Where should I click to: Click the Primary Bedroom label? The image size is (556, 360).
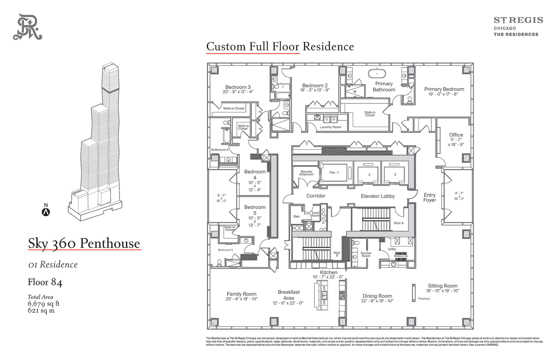(444, 89)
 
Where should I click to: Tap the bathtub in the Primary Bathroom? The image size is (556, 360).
(377, 74)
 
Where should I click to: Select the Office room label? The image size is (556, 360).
(456, 135)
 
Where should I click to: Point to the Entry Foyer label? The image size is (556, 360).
(430, 197)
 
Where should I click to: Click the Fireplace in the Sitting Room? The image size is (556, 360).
(414, 293)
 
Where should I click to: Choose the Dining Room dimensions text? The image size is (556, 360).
(377, 301)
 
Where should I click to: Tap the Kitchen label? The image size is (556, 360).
(328, 272)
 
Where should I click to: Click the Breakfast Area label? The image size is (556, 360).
(288, 295)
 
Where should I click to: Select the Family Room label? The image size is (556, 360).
(241, 294)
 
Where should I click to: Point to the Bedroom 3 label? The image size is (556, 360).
(238, 87)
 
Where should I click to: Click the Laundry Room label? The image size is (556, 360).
(330, 127)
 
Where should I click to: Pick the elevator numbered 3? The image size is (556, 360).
(395, 174)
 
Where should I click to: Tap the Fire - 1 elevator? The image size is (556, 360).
(334, 173)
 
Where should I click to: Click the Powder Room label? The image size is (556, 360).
(366, 255)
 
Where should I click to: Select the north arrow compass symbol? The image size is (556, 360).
(46, 212)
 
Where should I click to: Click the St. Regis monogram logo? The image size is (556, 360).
(28, 27)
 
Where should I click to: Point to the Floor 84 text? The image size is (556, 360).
(45, 282)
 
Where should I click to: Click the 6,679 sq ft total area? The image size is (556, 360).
(43, 304)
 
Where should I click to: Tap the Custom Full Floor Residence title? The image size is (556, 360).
(280, 46)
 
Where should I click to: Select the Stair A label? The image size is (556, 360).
(398, 223)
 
